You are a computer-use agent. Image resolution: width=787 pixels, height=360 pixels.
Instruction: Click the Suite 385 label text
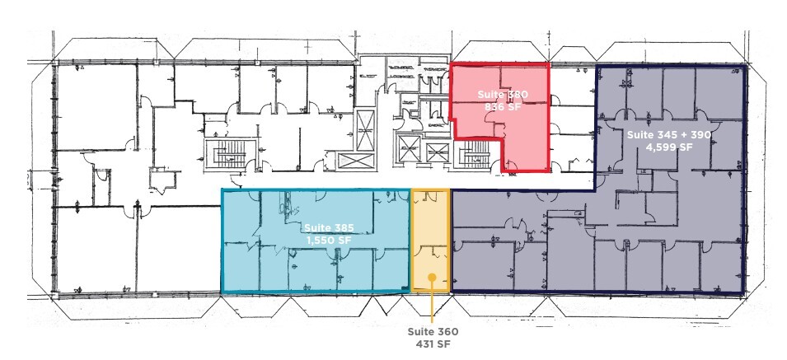(x=324, y=227)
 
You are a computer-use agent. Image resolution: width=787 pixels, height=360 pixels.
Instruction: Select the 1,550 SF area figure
(x=324, y=240)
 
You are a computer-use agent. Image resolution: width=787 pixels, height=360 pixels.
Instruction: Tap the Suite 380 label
(x=501, y=96)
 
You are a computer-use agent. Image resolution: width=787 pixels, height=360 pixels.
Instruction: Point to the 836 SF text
(x=501, y=108)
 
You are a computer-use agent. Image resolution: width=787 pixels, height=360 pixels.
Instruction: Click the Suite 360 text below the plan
(x=433, y=331)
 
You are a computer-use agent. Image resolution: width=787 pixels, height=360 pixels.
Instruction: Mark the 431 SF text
(x=433, y=344)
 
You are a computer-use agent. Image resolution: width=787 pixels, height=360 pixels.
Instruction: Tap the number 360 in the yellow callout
(x=446, y=331)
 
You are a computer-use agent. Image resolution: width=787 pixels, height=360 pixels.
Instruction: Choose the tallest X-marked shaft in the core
(x=365, y=132)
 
